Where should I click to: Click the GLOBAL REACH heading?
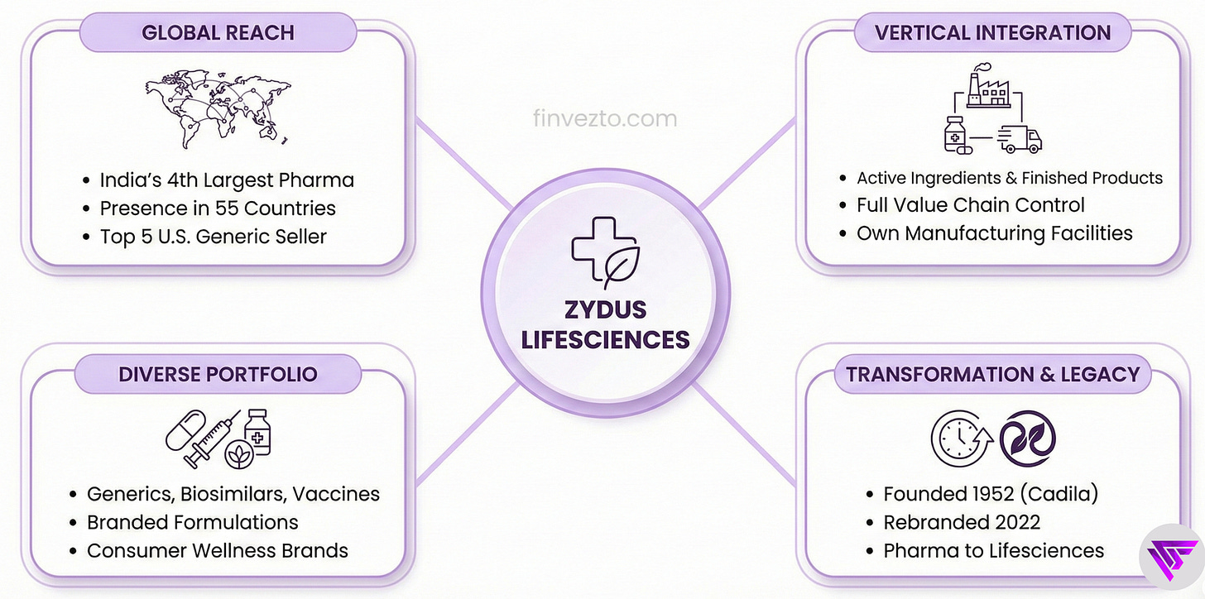tap(218, 33)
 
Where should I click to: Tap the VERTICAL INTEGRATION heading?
tap(992, 33)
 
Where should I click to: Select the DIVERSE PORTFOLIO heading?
tap(218, 373)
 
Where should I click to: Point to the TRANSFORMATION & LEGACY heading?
tap(992, 373)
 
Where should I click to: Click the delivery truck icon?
tap(1020, 139)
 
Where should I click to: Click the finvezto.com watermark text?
tap(605, 118)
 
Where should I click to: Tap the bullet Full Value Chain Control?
tap(970, 205)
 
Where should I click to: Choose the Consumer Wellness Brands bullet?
tap(218, 550)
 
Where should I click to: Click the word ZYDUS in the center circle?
tap(605, 310)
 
